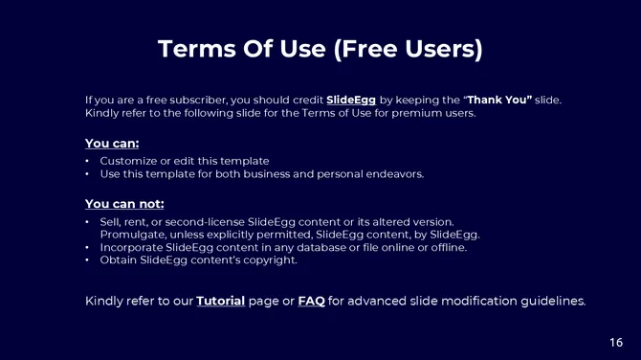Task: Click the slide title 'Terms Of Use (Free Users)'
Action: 320,48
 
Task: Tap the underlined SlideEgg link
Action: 351,100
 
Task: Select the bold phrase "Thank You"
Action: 498,100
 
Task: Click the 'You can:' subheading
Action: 112,144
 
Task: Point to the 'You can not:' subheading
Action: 124,203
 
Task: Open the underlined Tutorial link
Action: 220,301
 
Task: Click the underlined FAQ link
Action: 311,301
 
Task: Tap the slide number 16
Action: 616,342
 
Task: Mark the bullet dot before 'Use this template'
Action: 88,174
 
